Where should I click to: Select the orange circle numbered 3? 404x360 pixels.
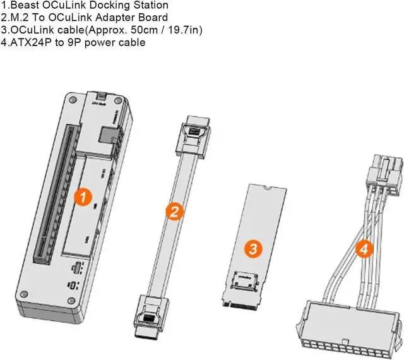point(251,248)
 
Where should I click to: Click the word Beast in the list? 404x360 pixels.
point(23,5)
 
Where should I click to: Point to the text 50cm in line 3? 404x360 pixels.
point(124,30)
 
